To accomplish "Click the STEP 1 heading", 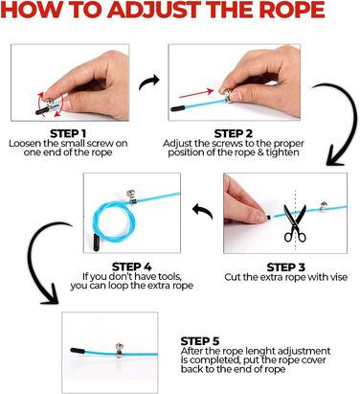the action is [68, 133].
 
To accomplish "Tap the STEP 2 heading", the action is [234, 133].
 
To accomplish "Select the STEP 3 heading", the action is [285, 267].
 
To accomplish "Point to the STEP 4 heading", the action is [132, 267].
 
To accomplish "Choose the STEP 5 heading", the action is [200, 341].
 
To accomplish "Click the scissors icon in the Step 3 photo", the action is [295, 223].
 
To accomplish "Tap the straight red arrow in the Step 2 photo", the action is [196, 93].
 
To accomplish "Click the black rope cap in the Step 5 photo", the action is [78, 351].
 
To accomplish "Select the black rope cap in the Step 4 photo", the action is [96, 243].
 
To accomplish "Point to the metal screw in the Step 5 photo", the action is [119, 350].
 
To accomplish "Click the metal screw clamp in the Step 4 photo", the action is [131, 197].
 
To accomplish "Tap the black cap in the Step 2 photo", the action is [177, 108].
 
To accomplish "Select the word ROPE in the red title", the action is [292, 10].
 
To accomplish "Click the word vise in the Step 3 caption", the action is [339, 277].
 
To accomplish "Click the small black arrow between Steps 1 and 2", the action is [149, 81].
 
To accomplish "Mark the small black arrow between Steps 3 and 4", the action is [203, 211].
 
